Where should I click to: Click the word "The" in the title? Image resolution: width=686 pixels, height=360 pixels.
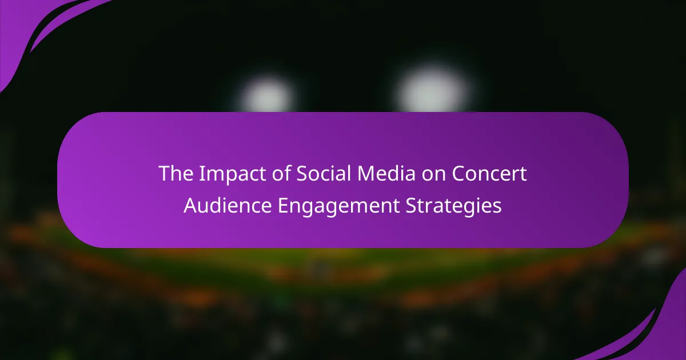click(x=176, y=173)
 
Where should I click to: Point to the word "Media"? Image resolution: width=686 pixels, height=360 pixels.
click(x=387, y=173)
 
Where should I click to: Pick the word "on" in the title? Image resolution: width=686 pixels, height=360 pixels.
click(x=434, y=175)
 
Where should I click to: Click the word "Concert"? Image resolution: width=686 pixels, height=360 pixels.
click(x=489, y=173)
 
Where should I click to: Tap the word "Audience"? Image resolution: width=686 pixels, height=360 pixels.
click(x=228, y=205)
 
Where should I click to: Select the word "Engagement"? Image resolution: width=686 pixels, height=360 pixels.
click(x=338, y=206)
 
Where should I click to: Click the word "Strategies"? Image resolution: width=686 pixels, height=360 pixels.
click(x=453, y=206)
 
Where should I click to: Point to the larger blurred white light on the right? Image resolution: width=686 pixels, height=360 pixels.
click(x=432, y=90)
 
